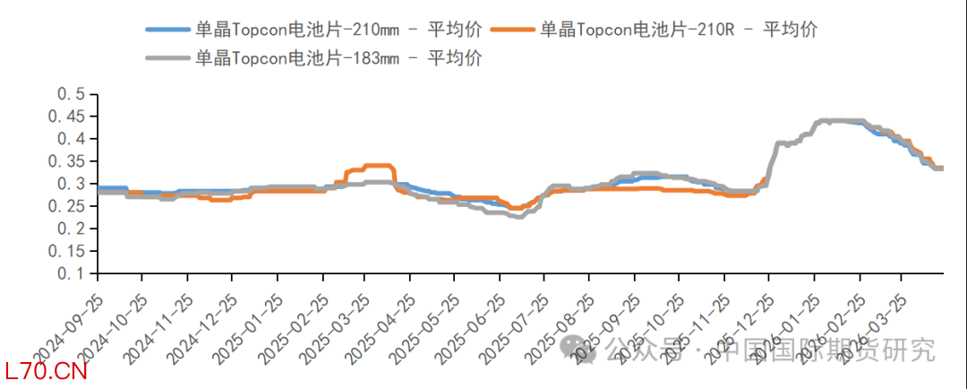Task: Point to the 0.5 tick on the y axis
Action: point(71,94)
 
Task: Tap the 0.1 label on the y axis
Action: point(71,273)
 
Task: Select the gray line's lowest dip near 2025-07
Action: point(518,216)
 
